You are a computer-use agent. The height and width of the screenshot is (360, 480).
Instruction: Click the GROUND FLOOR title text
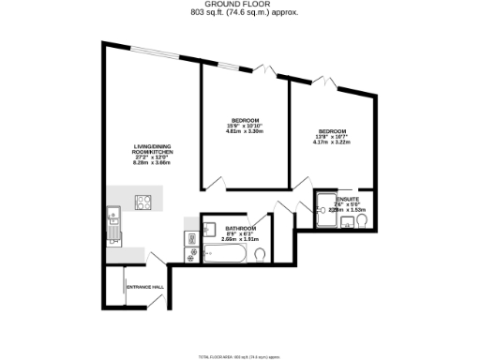coord(238,5)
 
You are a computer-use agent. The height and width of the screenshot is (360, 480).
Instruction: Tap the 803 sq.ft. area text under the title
coord(238,13)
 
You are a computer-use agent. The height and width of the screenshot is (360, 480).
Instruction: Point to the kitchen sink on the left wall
coord(112,224)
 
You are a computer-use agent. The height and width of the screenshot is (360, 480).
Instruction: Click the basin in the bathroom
coord(211,228)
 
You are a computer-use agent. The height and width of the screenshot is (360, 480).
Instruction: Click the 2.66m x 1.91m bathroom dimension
coord(239,240)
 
